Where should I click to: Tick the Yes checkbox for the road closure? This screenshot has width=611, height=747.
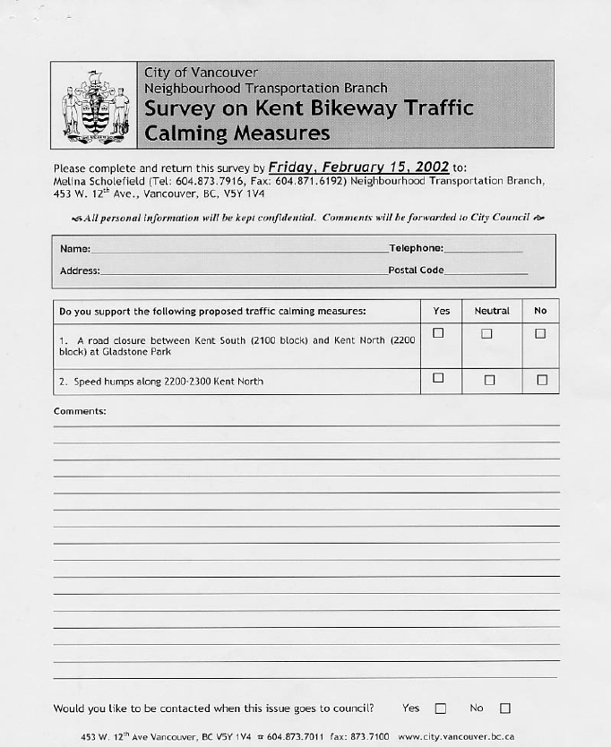point(438,333)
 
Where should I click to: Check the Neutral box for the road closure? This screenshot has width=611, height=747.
point(486,333)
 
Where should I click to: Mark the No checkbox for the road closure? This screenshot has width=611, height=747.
point(540,333)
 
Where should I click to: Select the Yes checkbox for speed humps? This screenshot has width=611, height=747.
point(438,378)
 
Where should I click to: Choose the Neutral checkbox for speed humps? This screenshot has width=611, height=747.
point(489,380)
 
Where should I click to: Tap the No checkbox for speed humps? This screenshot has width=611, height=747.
point(541,380)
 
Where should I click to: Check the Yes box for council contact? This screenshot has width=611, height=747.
point(440,708)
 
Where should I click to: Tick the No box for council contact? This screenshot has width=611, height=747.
point(504,708)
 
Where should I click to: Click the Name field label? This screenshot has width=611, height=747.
point(75,249)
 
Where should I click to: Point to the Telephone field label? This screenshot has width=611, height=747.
point(416,248)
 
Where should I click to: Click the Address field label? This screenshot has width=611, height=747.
point(80,270)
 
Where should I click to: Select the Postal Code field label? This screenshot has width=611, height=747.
point(416,270)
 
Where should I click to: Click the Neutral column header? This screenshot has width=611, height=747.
point(491,311)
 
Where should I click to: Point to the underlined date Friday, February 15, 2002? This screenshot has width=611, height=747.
point(358,167)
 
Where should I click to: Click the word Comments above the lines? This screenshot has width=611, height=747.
point(80,411)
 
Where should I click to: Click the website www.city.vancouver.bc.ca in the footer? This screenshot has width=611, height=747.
point(456,736)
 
